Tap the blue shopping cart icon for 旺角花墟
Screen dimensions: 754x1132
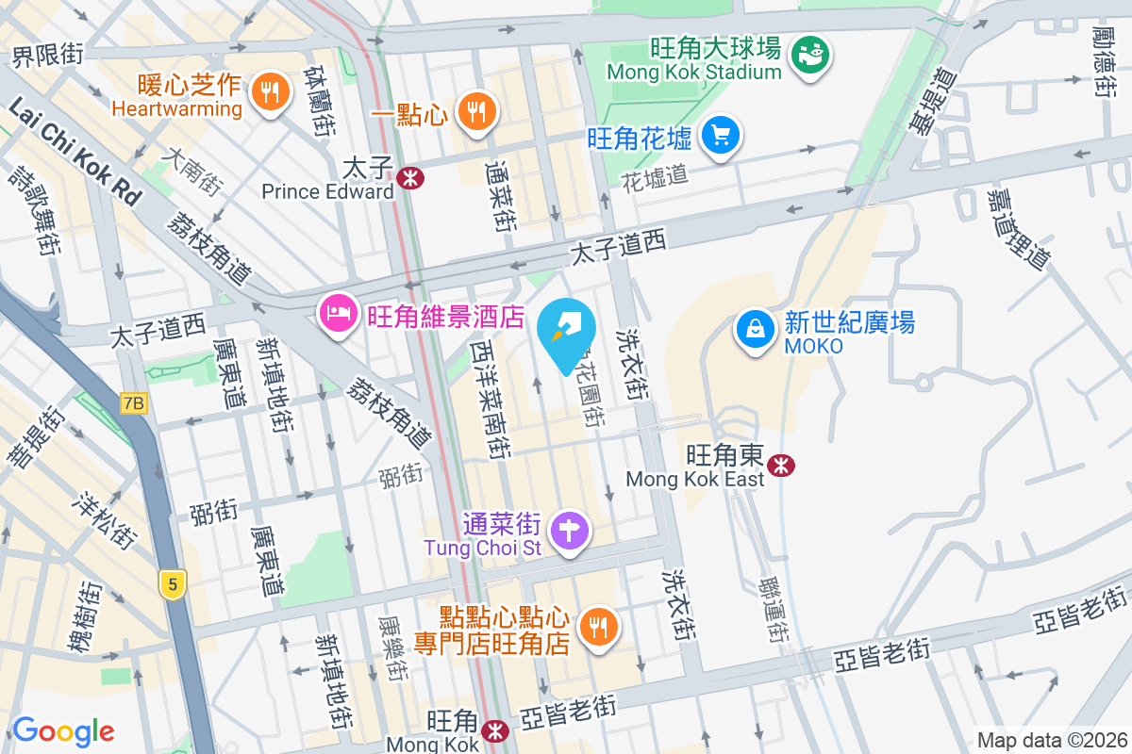(x=722, y=137)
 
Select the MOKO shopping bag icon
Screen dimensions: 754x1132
(x=756, y=331)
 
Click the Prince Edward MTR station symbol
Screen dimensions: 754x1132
(x=409, y=177)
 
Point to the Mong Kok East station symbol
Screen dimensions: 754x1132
(x=780, y=465)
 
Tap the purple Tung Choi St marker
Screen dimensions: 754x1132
(x=570, y=531)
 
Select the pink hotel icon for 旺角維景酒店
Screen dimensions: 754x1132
(x=338, y=312)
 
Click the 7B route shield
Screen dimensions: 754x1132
(x=134, y=403)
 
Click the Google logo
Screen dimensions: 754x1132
(x=63, y=730)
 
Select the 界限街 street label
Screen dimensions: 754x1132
(x=48, y=56)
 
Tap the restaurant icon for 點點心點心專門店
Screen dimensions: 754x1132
(x=597, y=625)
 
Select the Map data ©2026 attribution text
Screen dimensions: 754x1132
(x=1051, y=740)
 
